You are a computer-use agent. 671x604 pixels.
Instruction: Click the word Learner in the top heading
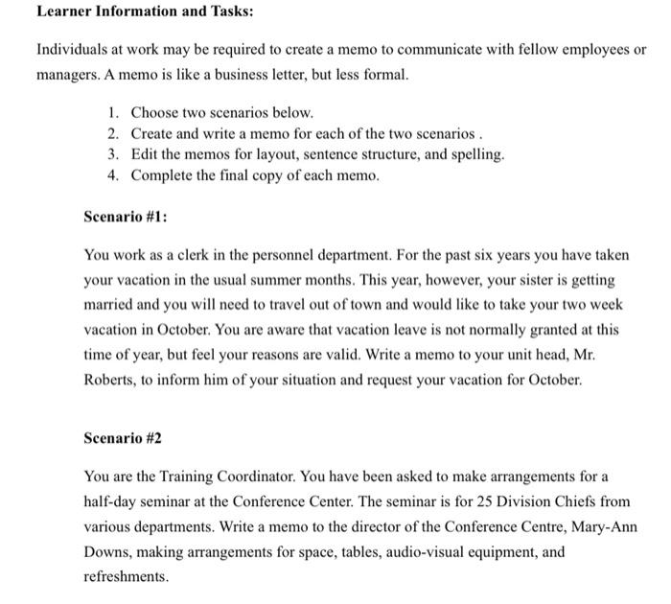[64, 12]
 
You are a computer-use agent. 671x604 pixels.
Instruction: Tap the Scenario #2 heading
[123, 438]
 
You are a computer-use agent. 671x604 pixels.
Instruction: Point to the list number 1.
[112, 113]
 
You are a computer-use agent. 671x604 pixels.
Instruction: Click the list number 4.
[112, 175]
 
